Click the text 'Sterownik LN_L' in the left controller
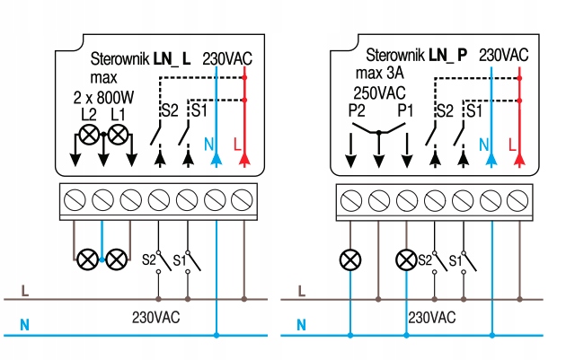tap(141, 59)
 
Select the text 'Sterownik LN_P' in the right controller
tap(416, 55)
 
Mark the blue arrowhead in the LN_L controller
tap(217, 159)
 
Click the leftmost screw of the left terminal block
tap(75, 198)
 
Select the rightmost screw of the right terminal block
tap(518, 198)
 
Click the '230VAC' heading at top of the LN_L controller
tap(227, 57)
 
